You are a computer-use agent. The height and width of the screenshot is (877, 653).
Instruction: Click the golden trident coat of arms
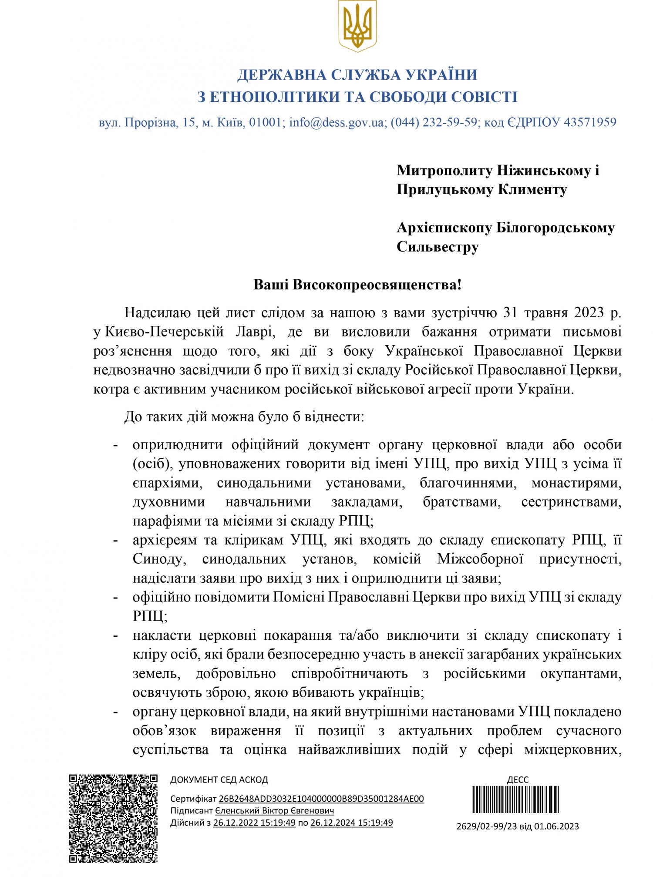pos(357,26)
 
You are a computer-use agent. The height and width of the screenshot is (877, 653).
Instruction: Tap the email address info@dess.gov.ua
pos(337,122)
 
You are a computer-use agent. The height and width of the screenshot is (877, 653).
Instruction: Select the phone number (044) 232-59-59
pos(434,122)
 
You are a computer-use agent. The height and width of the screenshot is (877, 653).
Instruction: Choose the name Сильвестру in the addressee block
pos(438,247)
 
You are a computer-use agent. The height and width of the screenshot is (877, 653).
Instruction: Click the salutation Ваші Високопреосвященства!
pos(357,285)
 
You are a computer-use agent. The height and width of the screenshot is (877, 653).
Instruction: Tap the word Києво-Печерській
pos(165,332)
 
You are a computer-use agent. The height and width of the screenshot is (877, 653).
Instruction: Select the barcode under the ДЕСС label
pos(516,800)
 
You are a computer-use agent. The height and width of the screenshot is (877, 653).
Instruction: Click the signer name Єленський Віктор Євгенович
pos(275,810)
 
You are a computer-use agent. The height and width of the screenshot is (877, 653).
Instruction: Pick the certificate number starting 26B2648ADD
pos(321,799)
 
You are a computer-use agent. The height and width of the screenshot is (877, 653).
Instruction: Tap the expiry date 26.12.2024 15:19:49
pos(351,823)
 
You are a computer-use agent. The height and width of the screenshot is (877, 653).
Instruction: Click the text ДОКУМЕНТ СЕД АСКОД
pos(219,780)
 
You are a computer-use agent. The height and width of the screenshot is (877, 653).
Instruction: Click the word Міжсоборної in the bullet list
pos(480,559)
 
